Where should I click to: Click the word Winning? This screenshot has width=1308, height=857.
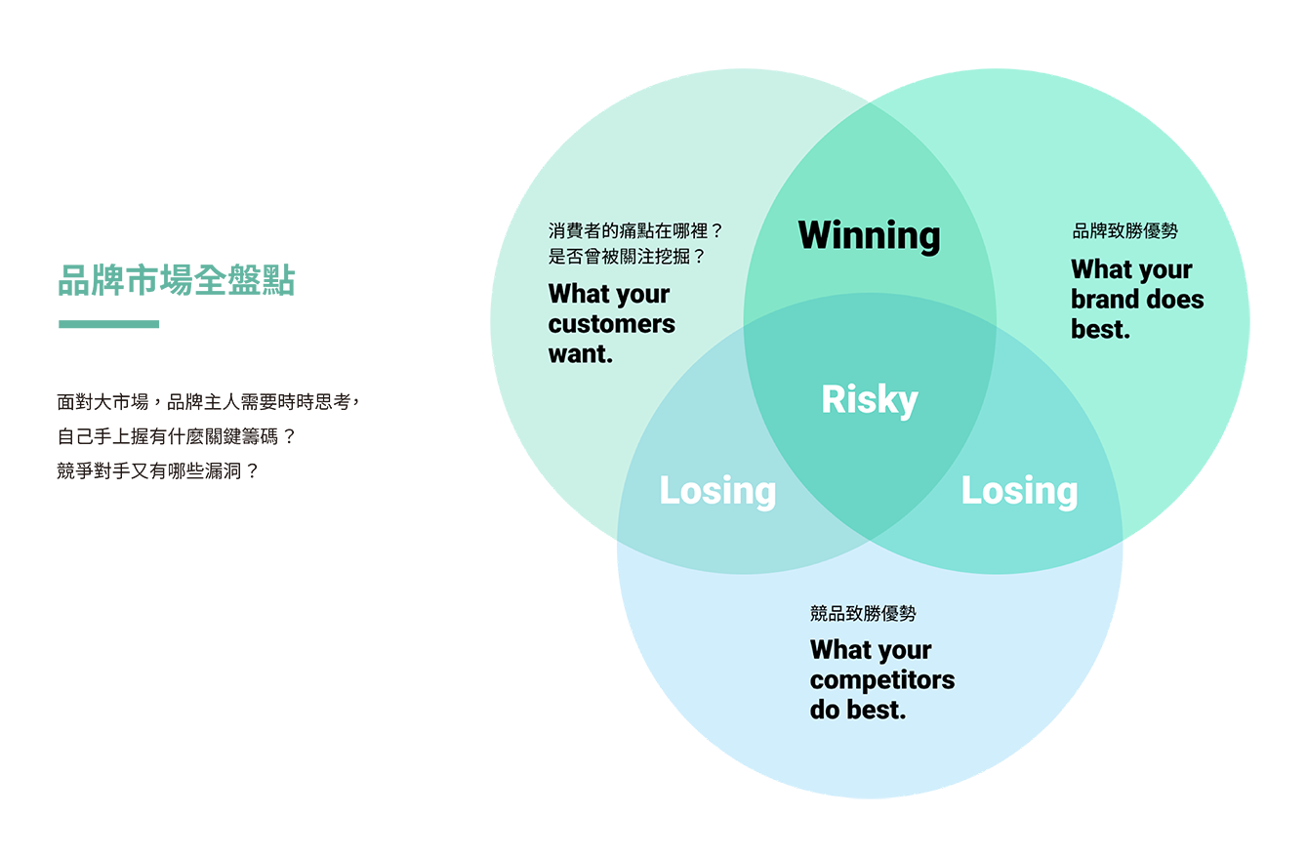pos(869,235)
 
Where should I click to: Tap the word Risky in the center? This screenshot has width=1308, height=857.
pos(870,400)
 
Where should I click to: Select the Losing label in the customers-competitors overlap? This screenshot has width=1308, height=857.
pos(717,491)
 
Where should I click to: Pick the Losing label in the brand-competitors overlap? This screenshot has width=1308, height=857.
pos(1019,491)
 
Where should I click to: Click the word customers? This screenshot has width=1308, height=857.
pos(611,324)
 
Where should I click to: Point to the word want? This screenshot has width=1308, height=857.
pos(580,354)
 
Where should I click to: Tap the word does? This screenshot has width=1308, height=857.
pos(1176,300)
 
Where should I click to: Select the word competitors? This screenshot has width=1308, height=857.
pos(881,680)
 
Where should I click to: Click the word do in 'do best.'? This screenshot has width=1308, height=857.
pos(825,711)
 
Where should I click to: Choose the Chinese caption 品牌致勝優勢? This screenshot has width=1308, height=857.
pos(1124,231)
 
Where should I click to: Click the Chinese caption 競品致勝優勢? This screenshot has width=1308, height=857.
pos(863,614)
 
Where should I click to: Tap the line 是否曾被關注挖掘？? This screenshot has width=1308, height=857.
pos(627,258)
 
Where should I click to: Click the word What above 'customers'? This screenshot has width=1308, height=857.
pos(580,294)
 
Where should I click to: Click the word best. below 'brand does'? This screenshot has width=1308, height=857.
pos(1100,330)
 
